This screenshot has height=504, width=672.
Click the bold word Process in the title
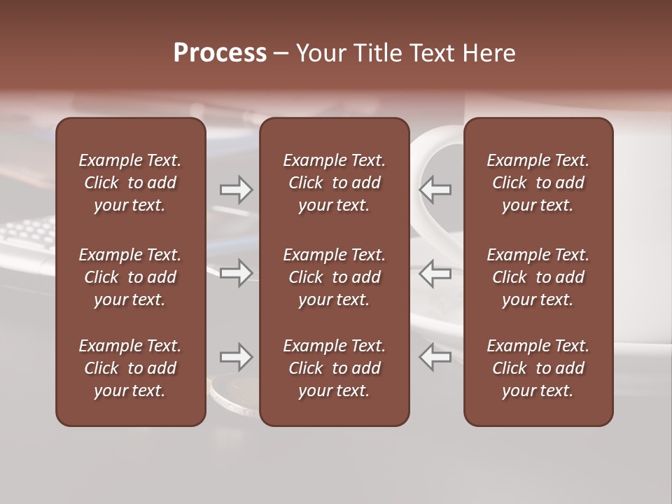pyautogui.click(x=220, y=53)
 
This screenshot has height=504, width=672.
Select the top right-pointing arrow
pyautogui.click(x=236, y=190)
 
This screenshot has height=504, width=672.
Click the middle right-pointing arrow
pyautogui.click(x=236, y=273)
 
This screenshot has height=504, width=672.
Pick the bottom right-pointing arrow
pyautogui.click(x=236, y=357)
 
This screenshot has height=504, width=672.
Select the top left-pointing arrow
pyautogui.click(x=435, y=190)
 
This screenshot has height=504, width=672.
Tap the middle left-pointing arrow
pyautogui.click(x=435, y=273)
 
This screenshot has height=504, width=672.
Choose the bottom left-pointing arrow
pyautogui.click(x=435, y=357)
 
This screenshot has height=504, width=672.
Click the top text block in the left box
pyautogui.click(x=130, y=183)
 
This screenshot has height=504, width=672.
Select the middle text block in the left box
pyautogui.click(x=130, y=277)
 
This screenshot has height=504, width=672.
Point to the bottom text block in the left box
pyautogui.click(x=130, y=368)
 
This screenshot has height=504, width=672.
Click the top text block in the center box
pyautogui.click(x=334, y=183)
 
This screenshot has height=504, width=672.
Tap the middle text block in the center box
pyautogui.click(x=334, y=277)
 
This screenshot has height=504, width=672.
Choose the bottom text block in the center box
pyautogui.click(x=334, y=368)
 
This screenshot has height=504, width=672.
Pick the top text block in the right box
pyautogui.click(x=538, y=183)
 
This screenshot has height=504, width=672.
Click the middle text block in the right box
pyautogui.click(x=538, y=277)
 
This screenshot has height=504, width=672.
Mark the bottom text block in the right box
pyautogui.click(x=538, y=368)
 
